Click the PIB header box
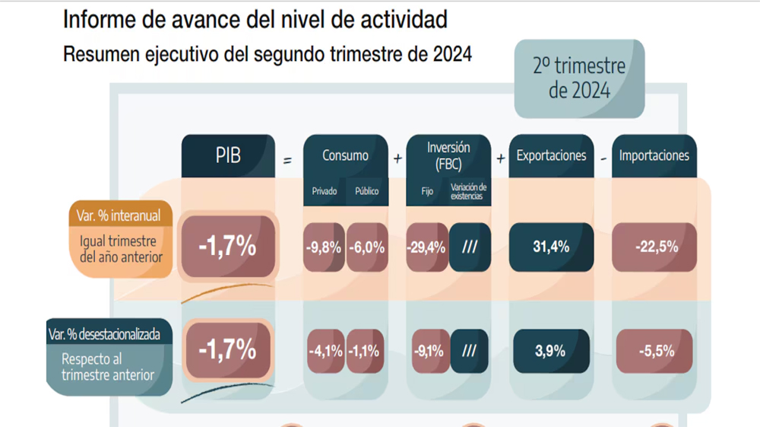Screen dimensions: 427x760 (x=228, y=156)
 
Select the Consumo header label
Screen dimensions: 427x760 (x=345, y=156)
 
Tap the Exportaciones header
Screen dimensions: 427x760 (x=551, y=155)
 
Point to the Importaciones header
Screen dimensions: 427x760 (x=654, y=155)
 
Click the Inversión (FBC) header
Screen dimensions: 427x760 (x=448, y=155)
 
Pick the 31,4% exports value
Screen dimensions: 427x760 (x=551, y=247)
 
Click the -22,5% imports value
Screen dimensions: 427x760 (x=654, y=247)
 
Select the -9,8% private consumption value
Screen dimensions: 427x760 (x=324, y=247)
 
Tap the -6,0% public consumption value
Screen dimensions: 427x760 (x=367, y=247)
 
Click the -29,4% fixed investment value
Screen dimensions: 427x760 (x=426, y=247)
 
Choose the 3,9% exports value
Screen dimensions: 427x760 (x=551, y=351)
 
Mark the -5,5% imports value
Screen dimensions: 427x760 (x=654, y=351)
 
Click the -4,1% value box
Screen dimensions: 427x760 (x=325, y=351)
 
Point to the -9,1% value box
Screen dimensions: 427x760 (x=429, y=351)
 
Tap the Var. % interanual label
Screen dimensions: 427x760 (x=119, y=215)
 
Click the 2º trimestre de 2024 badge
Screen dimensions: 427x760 (x=579, y=78)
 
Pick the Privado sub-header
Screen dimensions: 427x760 (x=325, y=191)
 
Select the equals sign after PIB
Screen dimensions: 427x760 (x=287, y=161)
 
